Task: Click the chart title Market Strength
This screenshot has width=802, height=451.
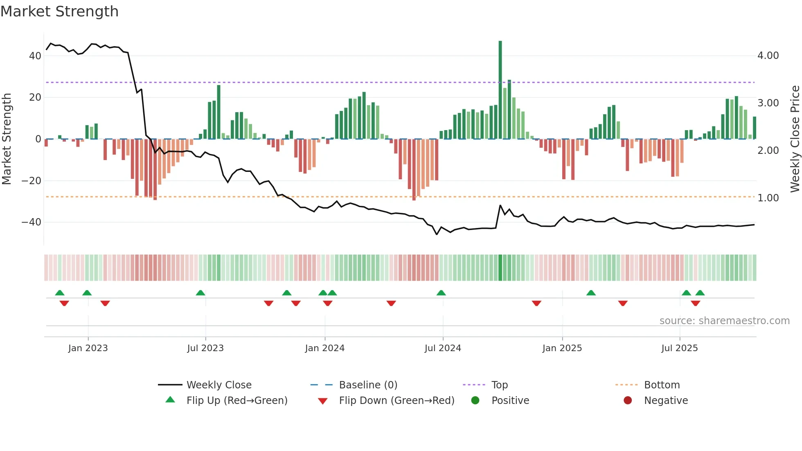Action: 59,11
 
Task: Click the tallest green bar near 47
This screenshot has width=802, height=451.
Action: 500,90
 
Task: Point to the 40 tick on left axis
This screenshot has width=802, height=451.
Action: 35,56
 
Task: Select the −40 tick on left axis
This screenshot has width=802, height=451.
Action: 32,222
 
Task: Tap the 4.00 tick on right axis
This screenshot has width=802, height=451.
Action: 768,56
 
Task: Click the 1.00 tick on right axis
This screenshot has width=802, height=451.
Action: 768,198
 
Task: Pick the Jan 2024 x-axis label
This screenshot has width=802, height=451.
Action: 324,348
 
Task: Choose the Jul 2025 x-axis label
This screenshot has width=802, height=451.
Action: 679,348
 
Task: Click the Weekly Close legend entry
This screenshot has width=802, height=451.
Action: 219,385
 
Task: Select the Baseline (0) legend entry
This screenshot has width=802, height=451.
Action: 368,385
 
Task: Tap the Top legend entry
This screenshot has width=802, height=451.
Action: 499,385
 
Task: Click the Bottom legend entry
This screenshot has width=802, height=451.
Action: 662,385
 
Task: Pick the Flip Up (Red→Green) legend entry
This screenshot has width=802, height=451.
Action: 237,401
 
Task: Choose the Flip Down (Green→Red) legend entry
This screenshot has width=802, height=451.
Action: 396,401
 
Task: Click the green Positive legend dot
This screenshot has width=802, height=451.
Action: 475,400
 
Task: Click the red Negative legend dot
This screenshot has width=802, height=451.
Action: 628,400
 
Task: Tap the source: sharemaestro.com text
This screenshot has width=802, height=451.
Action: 724,321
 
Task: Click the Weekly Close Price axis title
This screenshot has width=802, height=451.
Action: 795,139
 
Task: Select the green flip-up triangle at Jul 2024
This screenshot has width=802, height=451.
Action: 441,293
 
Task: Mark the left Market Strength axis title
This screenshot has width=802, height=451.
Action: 7,139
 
